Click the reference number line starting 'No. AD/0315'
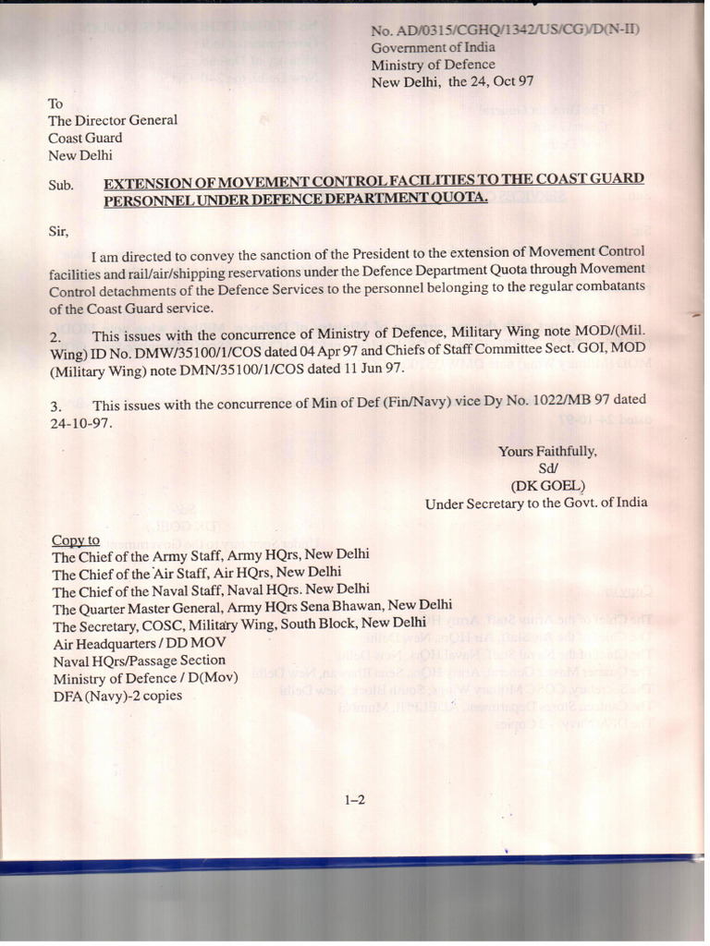(505, 30)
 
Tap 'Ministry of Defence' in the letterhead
(433, 65)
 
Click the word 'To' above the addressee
(55, 103)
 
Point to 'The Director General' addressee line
(113, 120)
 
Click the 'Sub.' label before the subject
(61, 185)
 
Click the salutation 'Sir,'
(58, 231)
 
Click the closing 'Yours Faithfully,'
(548, 452)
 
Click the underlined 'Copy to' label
(76, 540)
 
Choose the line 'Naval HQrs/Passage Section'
(139, 661)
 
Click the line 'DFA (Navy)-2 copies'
(117, 695)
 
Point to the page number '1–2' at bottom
(355, 800)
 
